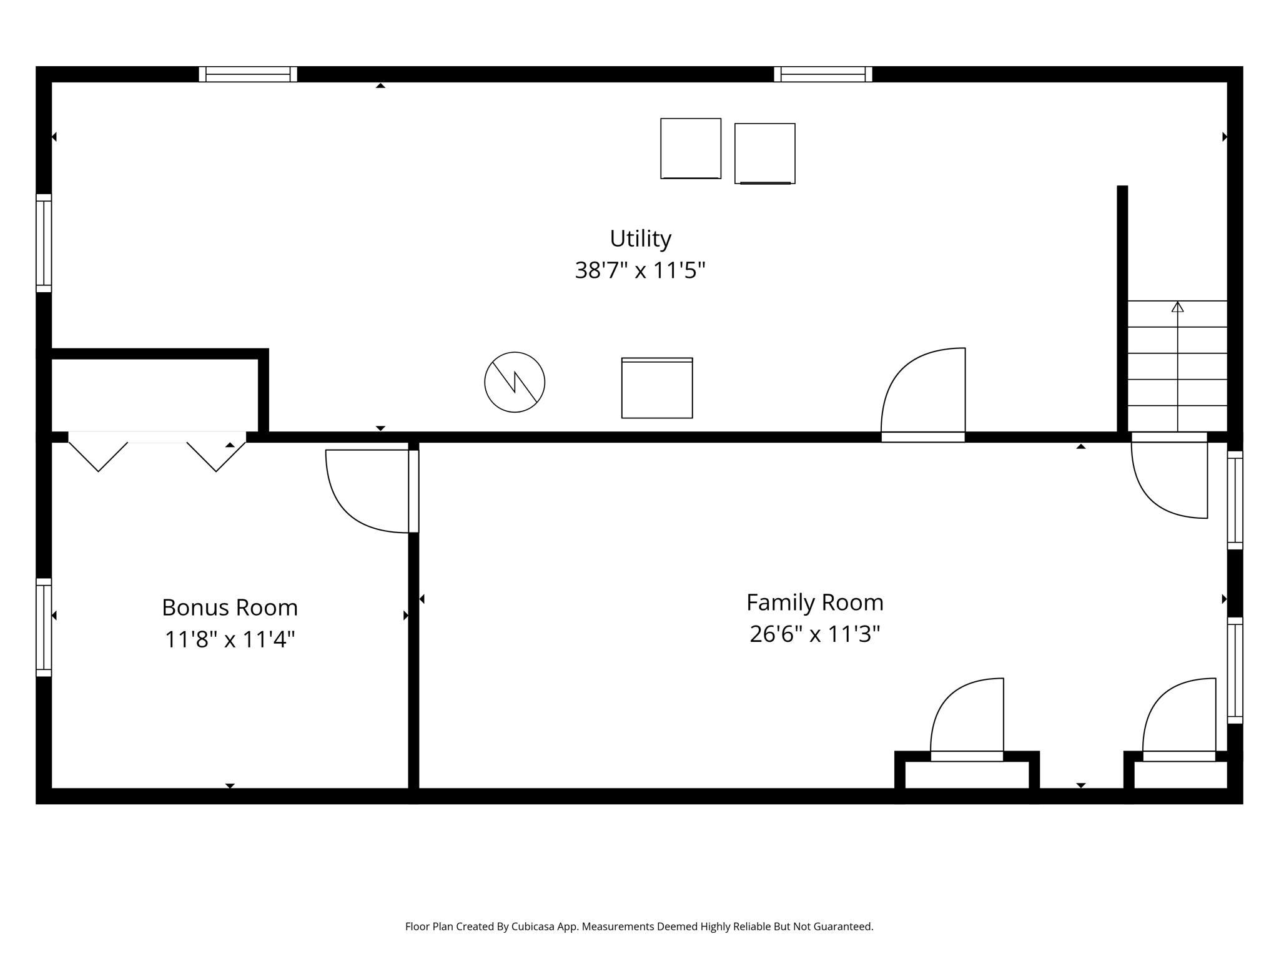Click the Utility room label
[x=640, y=239]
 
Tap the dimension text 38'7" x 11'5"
[x=640, y=270]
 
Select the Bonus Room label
[x=230, y=607]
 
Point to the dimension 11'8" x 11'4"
[x=230, y=639]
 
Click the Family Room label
[x=815, y=602]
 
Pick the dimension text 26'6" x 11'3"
[x=815, y=634]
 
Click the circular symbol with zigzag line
[x=515, y=382]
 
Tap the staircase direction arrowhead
[x=1177, y=307]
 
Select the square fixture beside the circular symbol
[x=657, y=388]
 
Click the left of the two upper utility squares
[x=691, y=149]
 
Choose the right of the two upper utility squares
[x=764, y=154]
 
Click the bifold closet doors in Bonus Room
[x=157, y=451]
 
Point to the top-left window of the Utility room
[x=248, y=74]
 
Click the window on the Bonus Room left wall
[x=44, y=627]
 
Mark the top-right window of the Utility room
[x=822, y=74]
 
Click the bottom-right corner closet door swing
[x=1179, y=718]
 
